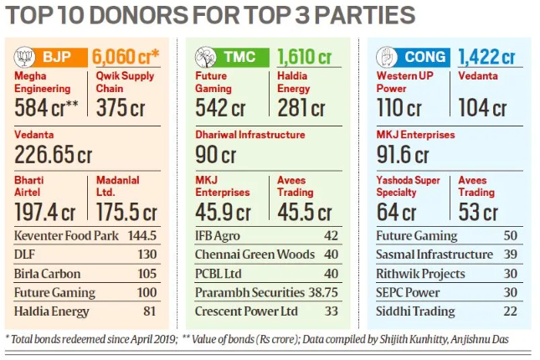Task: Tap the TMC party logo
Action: (x=203, y=57)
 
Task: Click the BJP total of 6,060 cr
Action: (x=126, y=57)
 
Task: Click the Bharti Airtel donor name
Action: (x=32, y=186)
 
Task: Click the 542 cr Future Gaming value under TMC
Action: (x=220, y=107)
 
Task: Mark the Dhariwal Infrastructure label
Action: (x=251, y=134)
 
